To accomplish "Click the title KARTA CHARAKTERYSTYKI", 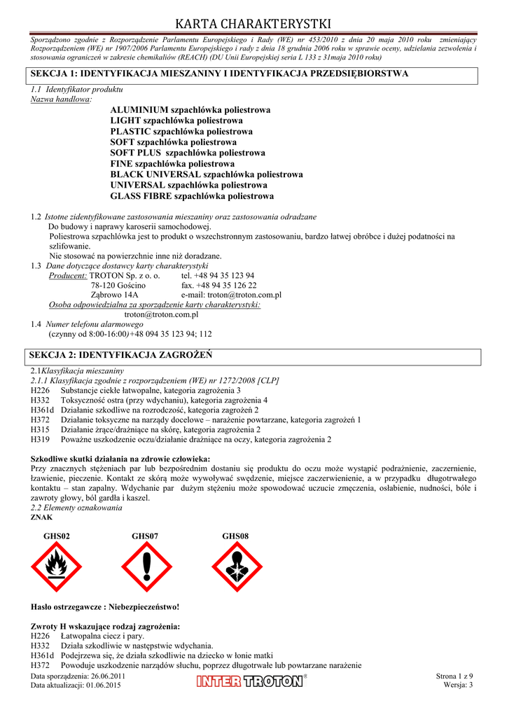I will coord(253,25).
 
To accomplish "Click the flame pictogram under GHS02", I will coord(57,566).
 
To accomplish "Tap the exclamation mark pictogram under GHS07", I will coord(146,566).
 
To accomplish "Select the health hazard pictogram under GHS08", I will coord(237,566).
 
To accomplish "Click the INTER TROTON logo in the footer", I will coord(251,681).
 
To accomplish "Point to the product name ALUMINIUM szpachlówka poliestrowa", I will coord(190,110).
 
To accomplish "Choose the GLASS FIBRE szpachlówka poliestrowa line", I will coord(192,196).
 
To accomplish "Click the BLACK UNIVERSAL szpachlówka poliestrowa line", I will coord(207,174).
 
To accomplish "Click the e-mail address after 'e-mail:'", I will coord(244,295).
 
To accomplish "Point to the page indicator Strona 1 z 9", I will coord(454,676).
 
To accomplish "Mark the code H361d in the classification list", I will coord(42,410).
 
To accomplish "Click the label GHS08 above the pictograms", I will coord(236,536).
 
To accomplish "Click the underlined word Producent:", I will coord(68,276).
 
